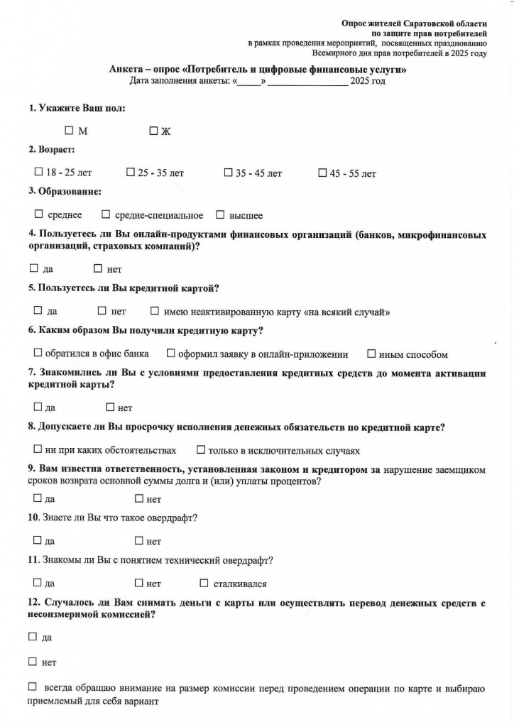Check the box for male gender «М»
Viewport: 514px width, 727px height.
[69, 131]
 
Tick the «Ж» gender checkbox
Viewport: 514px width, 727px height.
[153, 131]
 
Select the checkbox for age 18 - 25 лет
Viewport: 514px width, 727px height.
[38, 173]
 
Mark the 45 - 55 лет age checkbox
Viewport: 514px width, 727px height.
[322, 173]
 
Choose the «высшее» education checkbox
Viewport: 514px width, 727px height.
[220, 214]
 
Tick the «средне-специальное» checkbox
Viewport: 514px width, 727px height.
[106, 214]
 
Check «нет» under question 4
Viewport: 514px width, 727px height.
[98, 269]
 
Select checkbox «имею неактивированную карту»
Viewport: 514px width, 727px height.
[155, 311]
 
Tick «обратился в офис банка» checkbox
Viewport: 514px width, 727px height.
[38, 353]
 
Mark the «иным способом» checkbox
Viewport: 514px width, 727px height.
[371, 353]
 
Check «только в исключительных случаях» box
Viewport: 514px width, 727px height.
[201, 449]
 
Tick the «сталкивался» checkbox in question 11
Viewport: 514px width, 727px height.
[204, 583]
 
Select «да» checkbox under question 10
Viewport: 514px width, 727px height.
[37, 541]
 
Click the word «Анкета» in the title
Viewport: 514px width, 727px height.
[126, 70]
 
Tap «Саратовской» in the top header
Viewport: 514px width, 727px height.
[428, 23]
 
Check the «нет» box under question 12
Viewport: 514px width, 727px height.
[32, 662]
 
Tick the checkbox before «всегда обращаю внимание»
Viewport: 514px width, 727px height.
[32, 687]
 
